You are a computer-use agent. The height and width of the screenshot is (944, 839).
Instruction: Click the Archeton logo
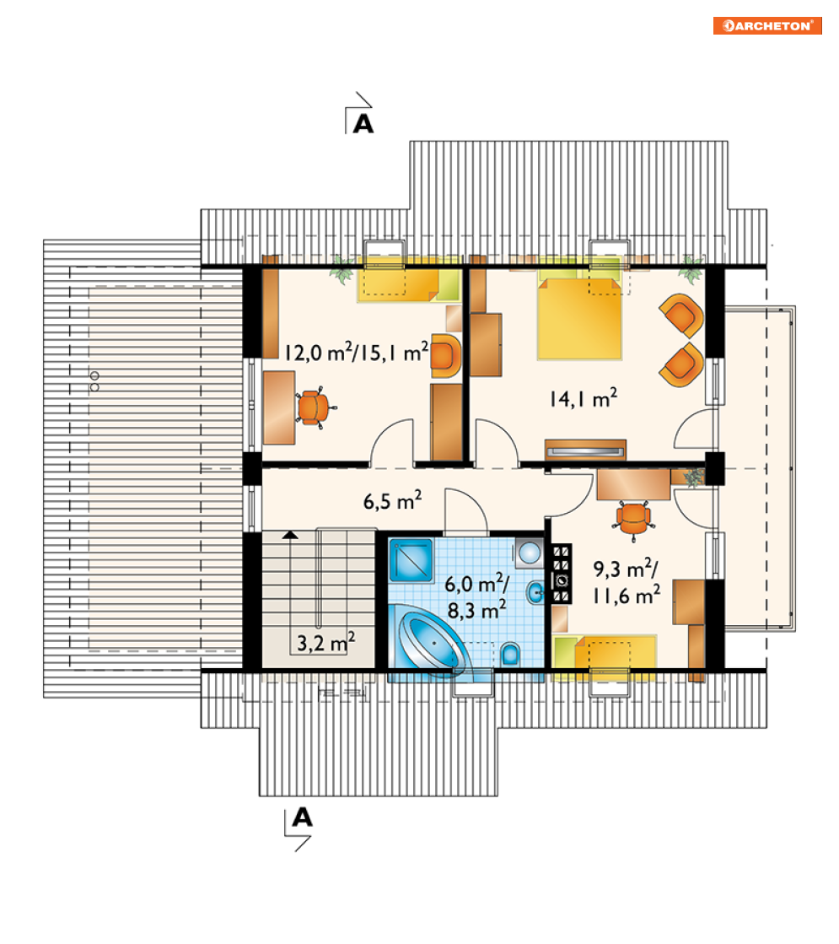point(767,26)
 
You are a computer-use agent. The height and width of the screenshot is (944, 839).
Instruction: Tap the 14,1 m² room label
point(584,398)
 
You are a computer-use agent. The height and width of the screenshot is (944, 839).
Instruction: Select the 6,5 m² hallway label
point(392,500)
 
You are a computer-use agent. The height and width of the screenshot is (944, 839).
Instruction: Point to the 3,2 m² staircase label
point(326,642)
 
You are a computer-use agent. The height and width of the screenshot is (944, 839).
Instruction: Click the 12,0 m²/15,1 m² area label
point(357,352)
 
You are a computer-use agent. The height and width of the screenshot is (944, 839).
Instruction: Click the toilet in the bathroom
point(510,654)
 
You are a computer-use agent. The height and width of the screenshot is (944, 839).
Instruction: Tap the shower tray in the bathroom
point(411,560)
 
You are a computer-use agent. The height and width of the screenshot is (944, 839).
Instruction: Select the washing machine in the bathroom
point(529,553)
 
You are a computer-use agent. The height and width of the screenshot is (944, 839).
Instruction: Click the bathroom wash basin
point(535,593)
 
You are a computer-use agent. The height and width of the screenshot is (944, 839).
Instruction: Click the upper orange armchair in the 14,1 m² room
point(681,315)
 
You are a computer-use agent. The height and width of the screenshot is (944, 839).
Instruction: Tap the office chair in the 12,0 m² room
point(314,407)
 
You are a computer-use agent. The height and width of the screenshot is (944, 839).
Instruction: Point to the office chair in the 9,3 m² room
point(633,517)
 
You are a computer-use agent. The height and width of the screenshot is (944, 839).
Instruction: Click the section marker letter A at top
point(363,124)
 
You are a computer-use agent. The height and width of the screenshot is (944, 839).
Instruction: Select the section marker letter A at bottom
point(302,817)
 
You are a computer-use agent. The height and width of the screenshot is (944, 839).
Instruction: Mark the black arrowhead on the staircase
point(291,534)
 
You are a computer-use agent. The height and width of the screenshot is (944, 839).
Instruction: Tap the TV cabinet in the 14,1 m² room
point(586,450)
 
